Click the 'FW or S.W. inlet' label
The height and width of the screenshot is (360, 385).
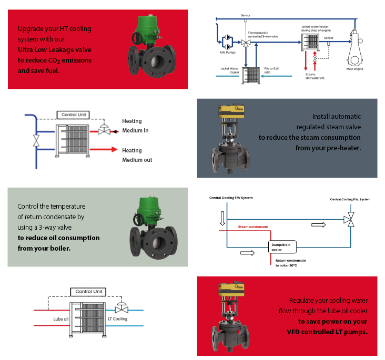tap(272, 70)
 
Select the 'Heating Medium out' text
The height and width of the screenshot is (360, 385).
tap(137, 155)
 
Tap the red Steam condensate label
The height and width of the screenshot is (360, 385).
tap(253, 227)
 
